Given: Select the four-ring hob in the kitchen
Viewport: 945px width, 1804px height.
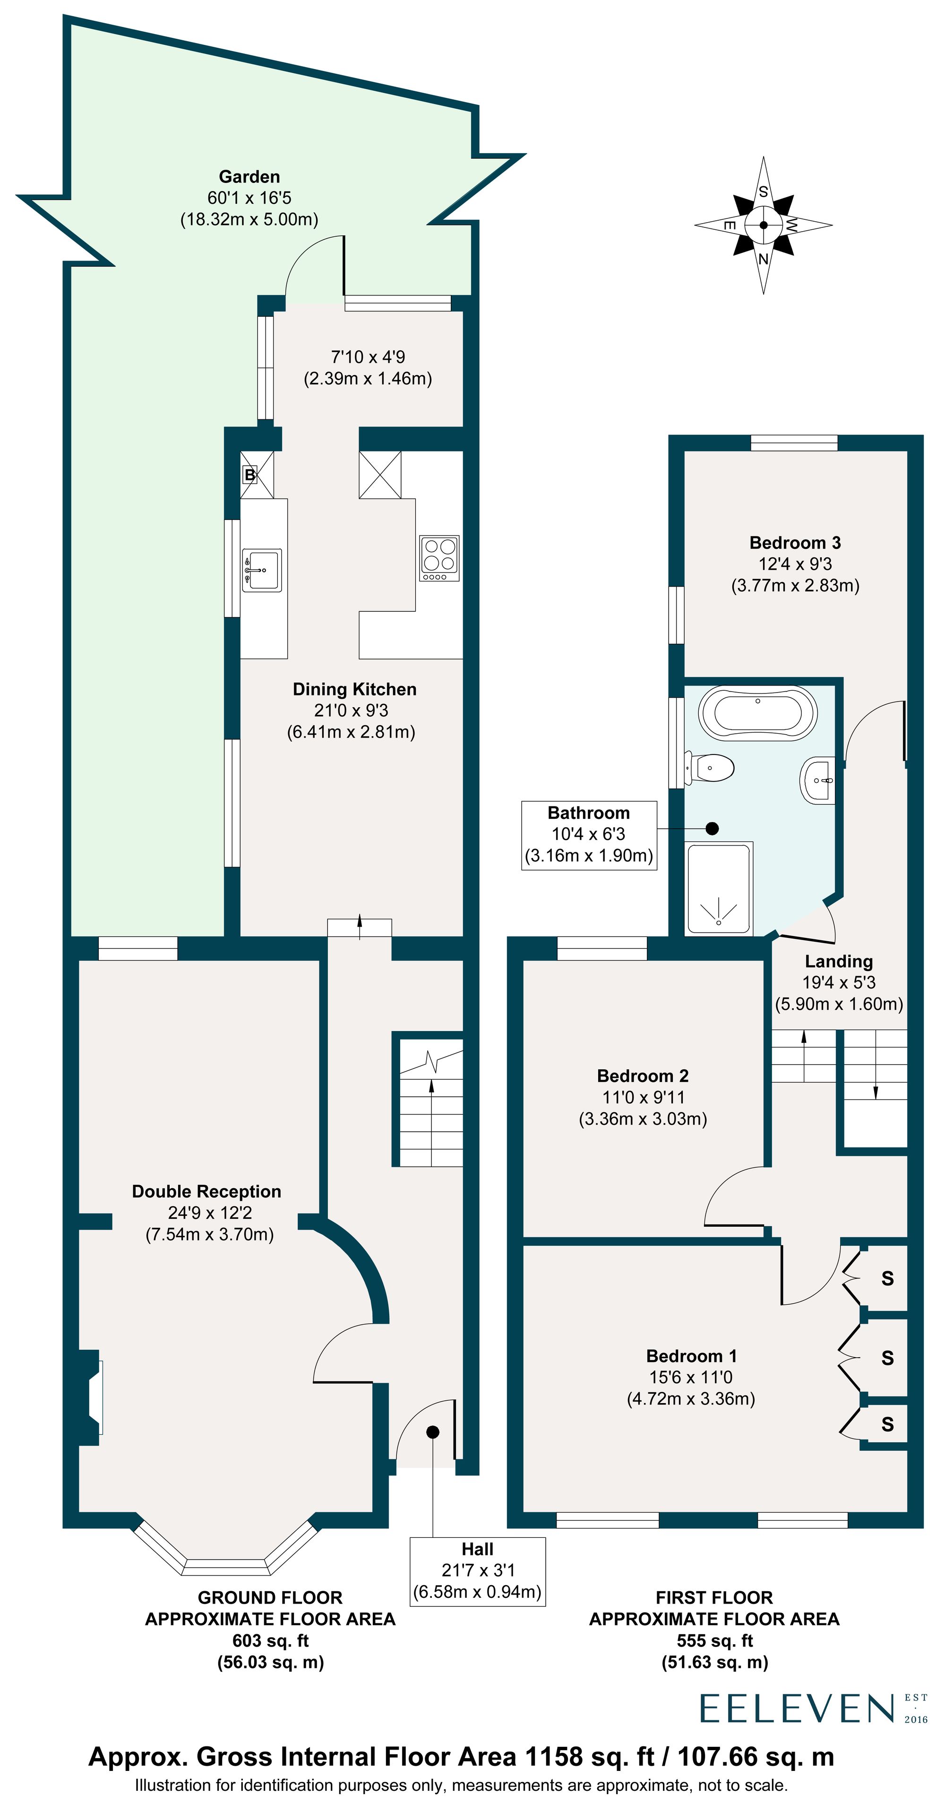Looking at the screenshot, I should [x=439, y=557].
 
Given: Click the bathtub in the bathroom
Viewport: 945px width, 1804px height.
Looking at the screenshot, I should [x=758, y=712].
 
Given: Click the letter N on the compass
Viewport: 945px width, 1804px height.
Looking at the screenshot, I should [x=763, y=259].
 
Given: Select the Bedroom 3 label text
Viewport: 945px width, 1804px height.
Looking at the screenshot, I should [x=794, y=543].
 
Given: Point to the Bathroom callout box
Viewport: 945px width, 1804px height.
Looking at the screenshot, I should [x=589, y=835].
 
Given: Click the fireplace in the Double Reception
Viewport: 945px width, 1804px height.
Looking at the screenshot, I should [x=91, y=1397].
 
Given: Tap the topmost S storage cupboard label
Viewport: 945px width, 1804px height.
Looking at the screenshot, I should [x=887, y=1279].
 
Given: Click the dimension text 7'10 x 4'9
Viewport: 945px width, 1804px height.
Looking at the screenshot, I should [x=368, y=357].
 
